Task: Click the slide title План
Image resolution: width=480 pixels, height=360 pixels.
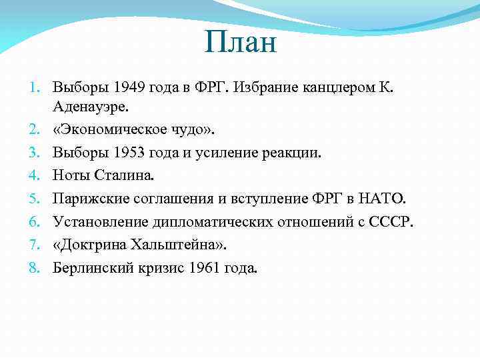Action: [x=240, y=45]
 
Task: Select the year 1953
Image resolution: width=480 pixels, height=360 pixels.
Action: [x=129, y=153]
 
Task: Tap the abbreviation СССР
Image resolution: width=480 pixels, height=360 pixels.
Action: [x=393, y=221]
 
